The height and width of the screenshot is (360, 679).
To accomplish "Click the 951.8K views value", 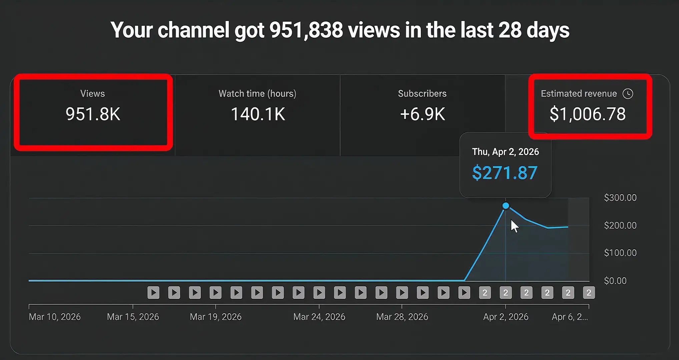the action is click(93, 114).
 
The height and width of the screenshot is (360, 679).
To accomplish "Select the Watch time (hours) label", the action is click(257, 94).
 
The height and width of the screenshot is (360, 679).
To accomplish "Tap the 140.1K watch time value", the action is click(258, 114).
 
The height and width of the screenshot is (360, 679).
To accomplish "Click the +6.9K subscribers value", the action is click(422, 114).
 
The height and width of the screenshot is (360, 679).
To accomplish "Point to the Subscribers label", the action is click(422, 94).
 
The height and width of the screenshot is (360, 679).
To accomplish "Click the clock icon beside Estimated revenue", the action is click(628, 94).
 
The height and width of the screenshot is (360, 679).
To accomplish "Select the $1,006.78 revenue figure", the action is click(588, 114).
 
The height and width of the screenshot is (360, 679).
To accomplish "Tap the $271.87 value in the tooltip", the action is click(505, 173).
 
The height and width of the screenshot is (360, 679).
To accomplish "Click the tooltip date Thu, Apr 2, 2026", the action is click(505, 152).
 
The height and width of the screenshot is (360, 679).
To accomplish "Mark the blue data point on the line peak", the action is click(506, 206).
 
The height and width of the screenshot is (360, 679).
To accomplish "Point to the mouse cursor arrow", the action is click(515, 226).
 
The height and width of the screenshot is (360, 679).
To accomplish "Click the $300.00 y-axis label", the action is click(620, 198).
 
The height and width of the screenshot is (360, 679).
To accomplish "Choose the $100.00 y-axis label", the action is click(620, 253).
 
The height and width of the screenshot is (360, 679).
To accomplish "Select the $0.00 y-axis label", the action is click(615, 281).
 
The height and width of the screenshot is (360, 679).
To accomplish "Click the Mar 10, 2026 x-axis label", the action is click(55, 317).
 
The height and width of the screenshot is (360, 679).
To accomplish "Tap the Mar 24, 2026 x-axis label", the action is click(319, 317).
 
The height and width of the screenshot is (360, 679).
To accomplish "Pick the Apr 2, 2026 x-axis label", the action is click(506, 317).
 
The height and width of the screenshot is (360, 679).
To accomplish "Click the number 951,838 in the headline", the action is click(306, 30).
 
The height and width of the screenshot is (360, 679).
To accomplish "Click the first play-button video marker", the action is click(153, 293).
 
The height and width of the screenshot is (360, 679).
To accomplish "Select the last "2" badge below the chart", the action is click(589, 293).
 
